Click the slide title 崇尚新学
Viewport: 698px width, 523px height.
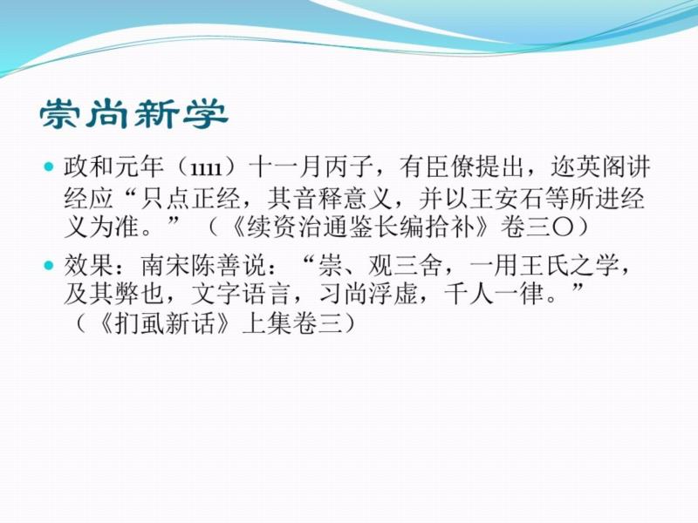134,114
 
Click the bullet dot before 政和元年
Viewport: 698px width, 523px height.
49,167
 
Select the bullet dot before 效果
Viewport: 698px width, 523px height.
49,266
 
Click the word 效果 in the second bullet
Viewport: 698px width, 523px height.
88,266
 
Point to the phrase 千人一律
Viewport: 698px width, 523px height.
494,295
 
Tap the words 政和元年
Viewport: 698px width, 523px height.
113,167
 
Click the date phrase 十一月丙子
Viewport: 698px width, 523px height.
311,167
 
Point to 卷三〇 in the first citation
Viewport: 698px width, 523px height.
536,228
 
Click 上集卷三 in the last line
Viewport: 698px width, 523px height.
292,324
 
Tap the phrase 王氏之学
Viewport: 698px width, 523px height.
569,266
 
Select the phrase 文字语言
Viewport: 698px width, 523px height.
241,295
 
